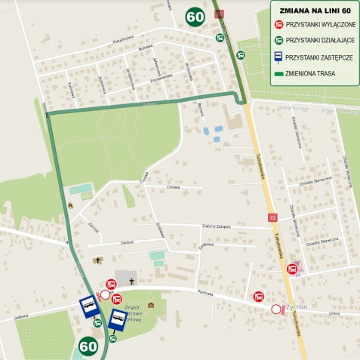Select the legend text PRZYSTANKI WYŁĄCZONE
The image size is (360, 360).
pos(320,25)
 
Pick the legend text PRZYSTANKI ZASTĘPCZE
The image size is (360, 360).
pos(318,56)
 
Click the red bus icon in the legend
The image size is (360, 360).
pos(278,25)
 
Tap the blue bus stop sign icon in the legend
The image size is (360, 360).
pos(278,56)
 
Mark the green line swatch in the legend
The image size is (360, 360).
pos(278,72)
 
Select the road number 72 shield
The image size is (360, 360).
pos(272,217)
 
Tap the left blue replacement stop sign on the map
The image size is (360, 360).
pos(89,306)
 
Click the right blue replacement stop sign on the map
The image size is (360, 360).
pos(118,320)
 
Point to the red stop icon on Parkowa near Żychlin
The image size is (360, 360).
pos(259,297)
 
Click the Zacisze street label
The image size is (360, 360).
pos(126,242)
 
